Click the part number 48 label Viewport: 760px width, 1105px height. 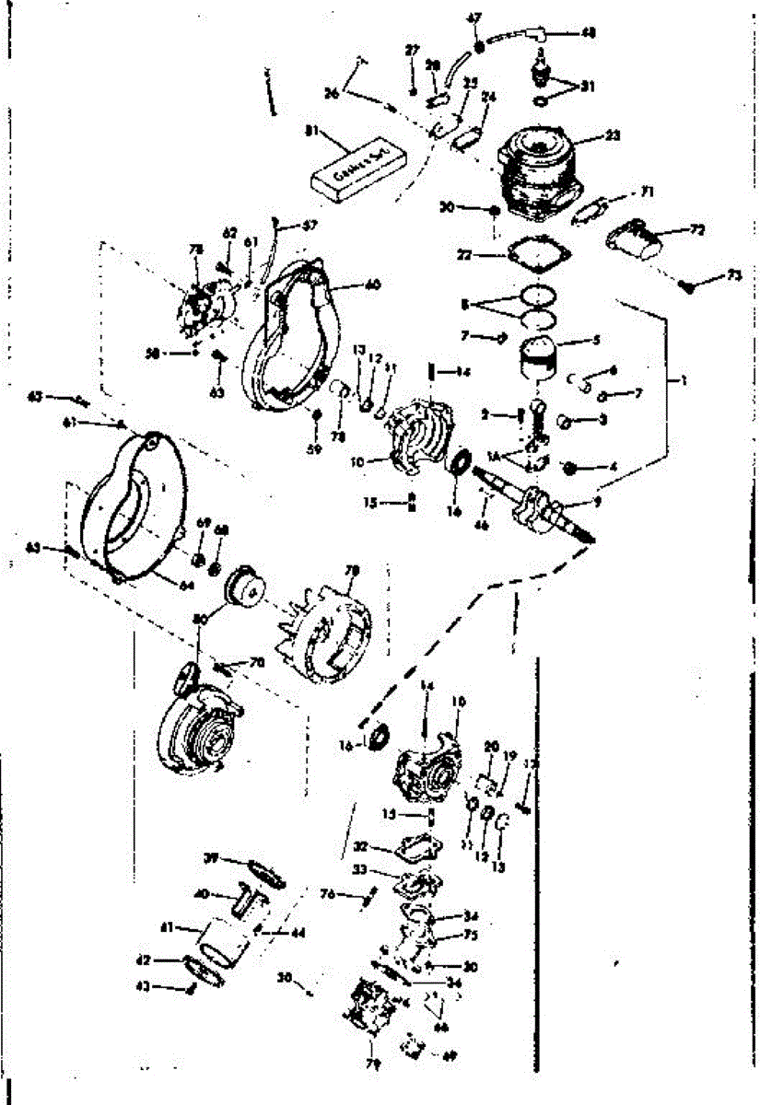click(588, 33)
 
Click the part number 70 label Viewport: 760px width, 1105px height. click(256, 662)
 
